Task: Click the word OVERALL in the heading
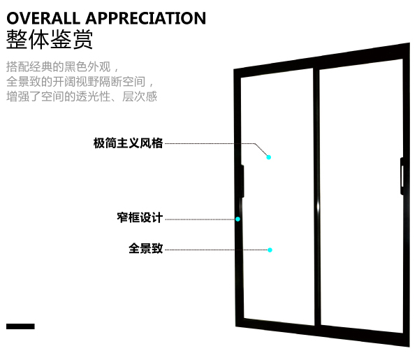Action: coord(43,18)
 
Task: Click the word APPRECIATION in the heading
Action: coord(146,18)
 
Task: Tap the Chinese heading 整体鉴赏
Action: coord(50,39)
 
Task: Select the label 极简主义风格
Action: coord(128,143)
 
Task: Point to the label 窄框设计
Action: coord(140,217)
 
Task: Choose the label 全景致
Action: coord(145,248)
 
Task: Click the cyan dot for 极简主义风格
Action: coord(269,157)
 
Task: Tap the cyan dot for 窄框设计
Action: coord(237,219)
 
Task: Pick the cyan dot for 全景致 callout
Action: coord(270,250)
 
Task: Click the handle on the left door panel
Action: coord(242,181)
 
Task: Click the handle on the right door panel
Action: coord(402,176)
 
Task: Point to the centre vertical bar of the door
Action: coord(316,197)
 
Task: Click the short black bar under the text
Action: coord(20,326)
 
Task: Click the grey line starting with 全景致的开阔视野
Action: coord(80,81)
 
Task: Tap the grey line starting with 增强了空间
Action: coord(82,96)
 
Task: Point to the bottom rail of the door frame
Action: coord(322,331)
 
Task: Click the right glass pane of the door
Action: coord(362,196)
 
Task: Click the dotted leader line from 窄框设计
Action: coord(200,219)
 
